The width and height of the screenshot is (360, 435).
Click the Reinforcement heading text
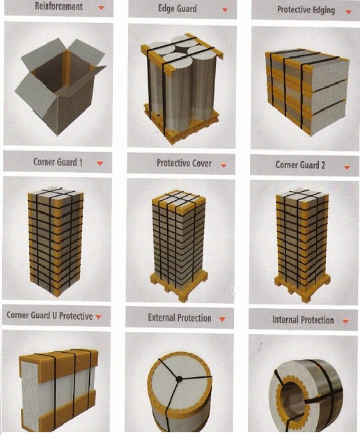[x=58, y=6]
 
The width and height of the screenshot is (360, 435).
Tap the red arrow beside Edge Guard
[x=225, y=10]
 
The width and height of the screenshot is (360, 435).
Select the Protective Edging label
[x=306, y=10]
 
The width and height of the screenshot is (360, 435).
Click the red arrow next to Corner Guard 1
[x=100, y=163]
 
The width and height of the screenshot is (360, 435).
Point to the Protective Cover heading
[x=184, y=163]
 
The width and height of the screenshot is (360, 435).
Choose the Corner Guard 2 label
[x=300, y=165]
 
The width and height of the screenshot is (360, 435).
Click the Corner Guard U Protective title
[x=49, y=315]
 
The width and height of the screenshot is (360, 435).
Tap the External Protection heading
[x=180, y=318]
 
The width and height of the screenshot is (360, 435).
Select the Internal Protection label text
[x=303, y=320]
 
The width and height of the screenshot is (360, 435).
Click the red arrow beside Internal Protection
[x=345, y=321]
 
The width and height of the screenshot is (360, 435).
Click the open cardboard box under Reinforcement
[x=61, y=86]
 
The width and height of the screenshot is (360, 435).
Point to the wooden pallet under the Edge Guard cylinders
[x=182, y=123]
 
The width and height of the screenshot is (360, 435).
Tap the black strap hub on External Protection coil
[x=180, y=379]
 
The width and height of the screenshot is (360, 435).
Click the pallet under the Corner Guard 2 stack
[x=303, y=286]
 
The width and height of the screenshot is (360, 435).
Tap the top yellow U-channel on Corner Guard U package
[x=58, y=362]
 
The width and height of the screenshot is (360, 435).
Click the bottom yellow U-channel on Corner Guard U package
[x=58, y=413]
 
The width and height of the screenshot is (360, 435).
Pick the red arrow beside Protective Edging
[x=348, y=12]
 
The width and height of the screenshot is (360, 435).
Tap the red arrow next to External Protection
[x=222, y=319]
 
